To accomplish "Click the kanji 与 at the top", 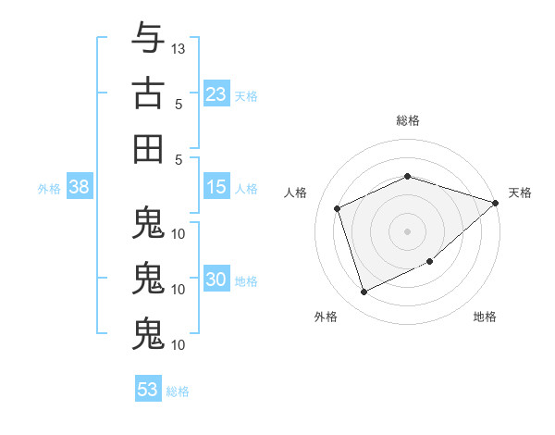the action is coord(148,37).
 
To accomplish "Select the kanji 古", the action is coord(148,93).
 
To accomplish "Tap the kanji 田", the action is coord(148,149).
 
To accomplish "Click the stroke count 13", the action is coord(178,49).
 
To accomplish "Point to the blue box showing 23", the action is coord(216,93).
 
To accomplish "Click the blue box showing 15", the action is coord(216,186).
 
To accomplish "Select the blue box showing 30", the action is coord(216,278).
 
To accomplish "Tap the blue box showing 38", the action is coord(80,186).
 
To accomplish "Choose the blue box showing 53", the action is coord(148,388).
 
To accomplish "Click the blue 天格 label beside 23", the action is coord(246,96).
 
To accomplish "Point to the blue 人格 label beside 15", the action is coord(246,189).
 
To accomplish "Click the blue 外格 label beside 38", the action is coord(49,189).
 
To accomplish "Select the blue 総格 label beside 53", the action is coord(178,391).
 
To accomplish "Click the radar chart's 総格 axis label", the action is coord(408,120).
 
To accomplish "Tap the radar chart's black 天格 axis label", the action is coord(520,193).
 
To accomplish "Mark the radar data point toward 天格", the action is coord(496,203).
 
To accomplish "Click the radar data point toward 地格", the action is coord(430,261).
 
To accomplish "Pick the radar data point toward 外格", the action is coord(364,292).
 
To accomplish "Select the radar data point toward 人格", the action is coord(338,208).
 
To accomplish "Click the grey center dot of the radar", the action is coord(407,231).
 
